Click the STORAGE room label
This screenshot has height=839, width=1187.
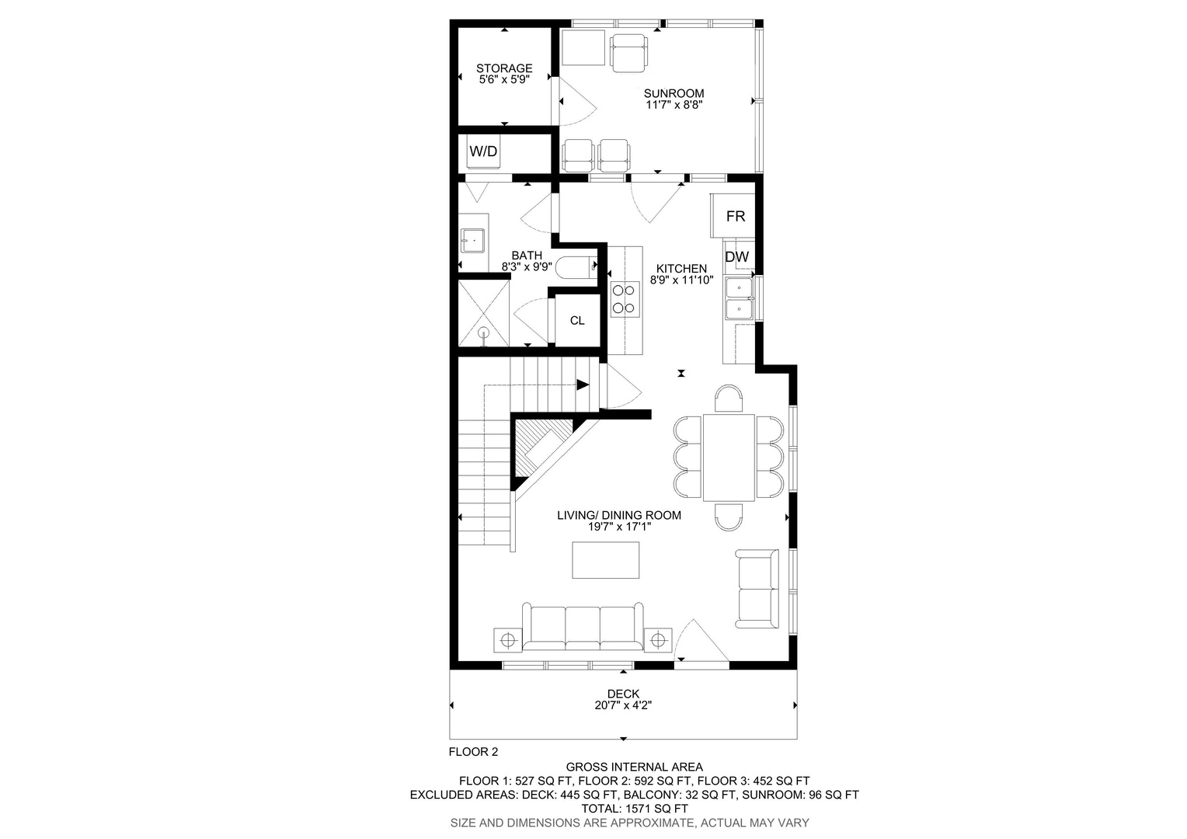(x=504, y=68)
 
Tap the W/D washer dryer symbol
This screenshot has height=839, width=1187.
(x=483, y=151)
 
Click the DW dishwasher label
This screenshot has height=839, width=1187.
(x=736, y=257)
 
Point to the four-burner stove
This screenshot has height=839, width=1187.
(x=625, y=299)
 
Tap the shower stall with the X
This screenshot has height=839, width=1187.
(x=483, y=313)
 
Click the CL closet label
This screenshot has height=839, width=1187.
(x=577, y=321)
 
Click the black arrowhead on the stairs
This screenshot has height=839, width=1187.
(x=583, y=385)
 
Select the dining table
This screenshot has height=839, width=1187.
(x=729, y=458)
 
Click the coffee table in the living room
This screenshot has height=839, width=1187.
(x=605, y=559)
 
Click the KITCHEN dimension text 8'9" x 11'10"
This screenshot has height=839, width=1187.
(x=681, y=280)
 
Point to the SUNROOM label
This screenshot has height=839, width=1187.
(x=674, y=93)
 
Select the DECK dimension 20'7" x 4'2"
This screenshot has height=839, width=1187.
(x=623, y=705)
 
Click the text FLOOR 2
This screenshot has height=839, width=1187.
(x=473, y=751)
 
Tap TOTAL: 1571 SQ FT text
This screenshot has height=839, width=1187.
(x=635, y=809)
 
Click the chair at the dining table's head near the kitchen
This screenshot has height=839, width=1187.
(x=729, y=399)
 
